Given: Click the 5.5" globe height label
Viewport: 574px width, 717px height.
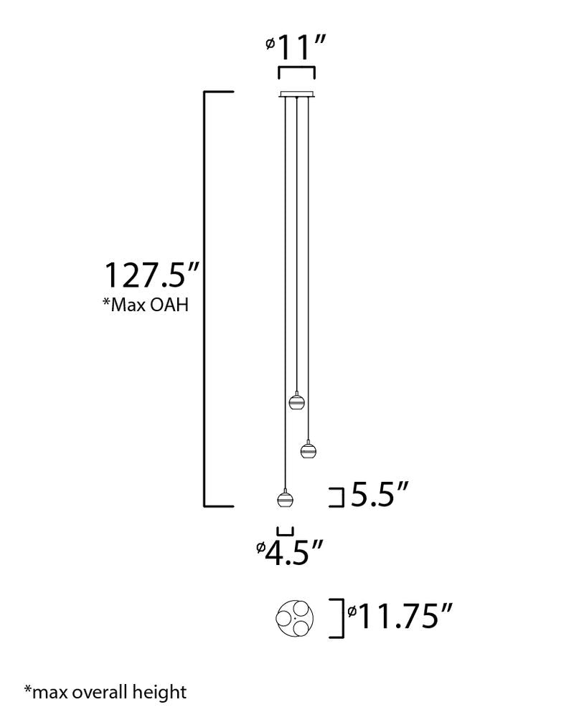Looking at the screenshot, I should [x=380, y=495].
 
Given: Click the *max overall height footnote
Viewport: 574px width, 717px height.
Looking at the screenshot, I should [x=105, y=692].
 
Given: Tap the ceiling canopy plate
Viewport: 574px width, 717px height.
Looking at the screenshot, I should [x=296, y=93].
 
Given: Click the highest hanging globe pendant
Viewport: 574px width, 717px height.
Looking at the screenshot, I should [x=296, y=401].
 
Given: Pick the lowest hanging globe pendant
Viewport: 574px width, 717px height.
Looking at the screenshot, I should [x=285, y=499].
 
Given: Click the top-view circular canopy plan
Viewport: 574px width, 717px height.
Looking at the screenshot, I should [x=295, y=617].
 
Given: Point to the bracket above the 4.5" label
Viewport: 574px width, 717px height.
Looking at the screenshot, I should [x=286, y=531].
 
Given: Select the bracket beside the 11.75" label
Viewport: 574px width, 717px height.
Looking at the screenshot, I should [x=336, y=617].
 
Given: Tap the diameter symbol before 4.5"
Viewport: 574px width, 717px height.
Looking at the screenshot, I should [x=261, y=549].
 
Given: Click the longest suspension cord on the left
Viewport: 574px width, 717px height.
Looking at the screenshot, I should [x=286, y=287].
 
